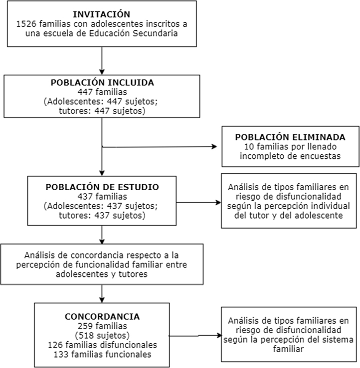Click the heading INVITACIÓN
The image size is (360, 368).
pyautogui.click(x=101, y=14)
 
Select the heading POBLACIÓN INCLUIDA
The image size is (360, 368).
pyautogui.click(x=102, y=83)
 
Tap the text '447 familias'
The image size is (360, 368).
pyautogui.click(x=102, y=92)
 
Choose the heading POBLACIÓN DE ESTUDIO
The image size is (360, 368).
pyautogui.click(x=102, y=187)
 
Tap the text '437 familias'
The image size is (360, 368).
pyautogui.click(x=102, y=197)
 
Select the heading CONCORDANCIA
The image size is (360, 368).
pyautogui.click(x=102, y=316)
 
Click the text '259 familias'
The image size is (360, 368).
pyautogui.click(x=102, y=325)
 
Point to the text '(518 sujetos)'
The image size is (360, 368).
pyautogui.click(x=102, y=334)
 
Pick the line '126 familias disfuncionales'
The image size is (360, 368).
pyautogui.click(x=102, y=344)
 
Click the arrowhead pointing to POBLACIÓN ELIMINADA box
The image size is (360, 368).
pyautogui.click(x=215, y=147)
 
